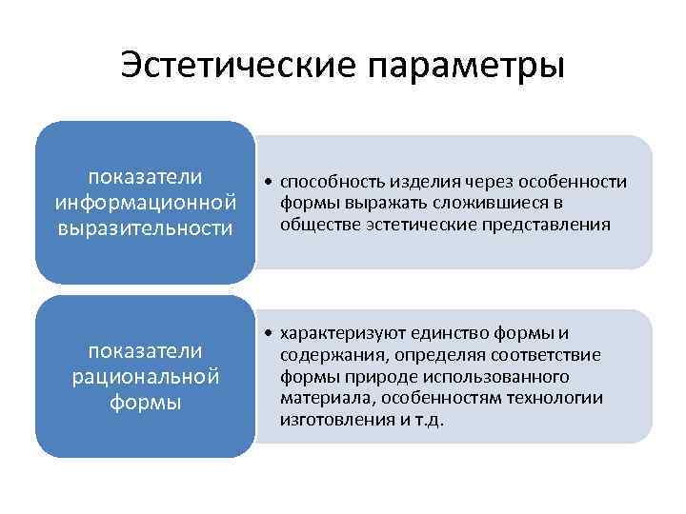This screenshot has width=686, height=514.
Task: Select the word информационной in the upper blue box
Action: point(145,202)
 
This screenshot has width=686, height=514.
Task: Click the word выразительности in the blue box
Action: point(145,227)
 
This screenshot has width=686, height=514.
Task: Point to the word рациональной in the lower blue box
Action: point(145,377)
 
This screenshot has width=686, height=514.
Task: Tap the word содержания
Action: point(325,355)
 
